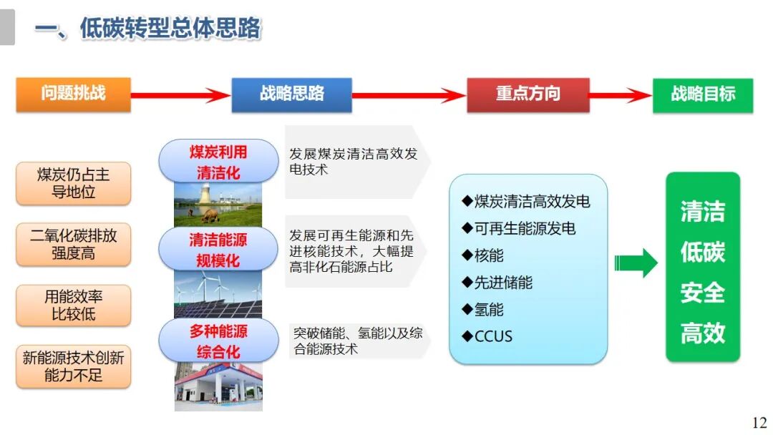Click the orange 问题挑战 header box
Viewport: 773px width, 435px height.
[73, 94]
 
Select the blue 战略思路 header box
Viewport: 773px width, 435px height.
[291, 94]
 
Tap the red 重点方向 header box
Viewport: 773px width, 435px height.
[528, 94]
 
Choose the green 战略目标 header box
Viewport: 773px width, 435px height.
[702, 94]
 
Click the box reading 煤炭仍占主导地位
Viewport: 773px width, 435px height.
[73, 183]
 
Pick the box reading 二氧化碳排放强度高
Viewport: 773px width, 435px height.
[73, 244]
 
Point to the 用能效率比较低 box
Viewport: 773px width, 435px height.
[73, 305]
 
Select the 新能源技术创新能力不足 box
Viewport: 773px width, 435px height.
[73, 366]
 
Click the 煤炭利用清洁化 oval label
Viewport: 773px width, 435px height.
[218, 162]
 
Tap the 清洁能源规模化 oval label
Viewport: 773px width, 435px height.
[218, 249]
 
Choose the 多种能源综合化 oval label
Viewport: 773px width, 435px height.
[218, 341]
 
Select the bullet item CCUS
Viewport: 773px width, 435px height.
[488, 336]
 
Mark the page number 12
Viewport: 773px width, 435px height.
[759, 422]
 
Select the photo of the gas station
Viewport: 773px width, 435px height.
[218, 386]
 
